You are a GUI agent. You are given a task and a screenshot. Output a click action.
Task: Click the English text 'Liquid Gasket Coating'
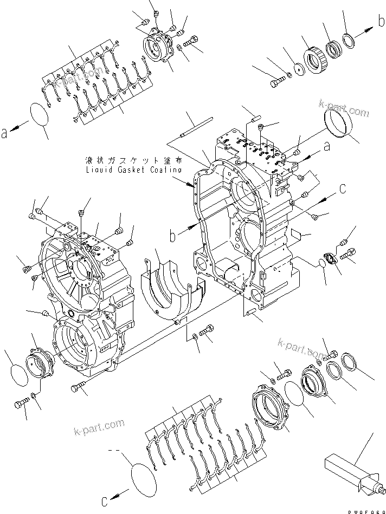click(x=134, y=170)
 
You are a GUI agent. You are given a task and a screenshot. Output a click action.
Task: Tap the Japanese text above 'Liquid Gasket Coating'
click(x=133, y=161)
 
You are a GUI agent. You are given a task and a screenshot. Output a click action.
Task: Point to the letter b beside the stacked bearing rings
click(x=382, y=21)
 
